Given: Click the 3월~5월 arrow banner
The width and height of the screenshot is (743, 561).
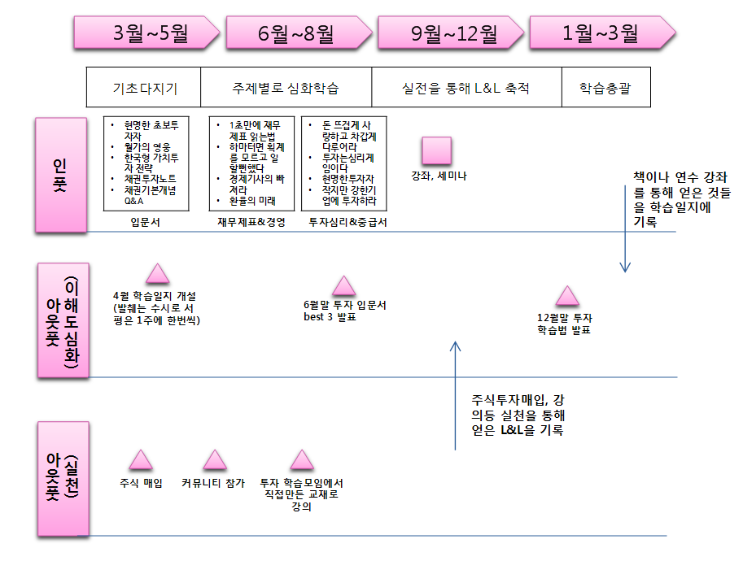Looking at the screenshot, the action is coord(147,33).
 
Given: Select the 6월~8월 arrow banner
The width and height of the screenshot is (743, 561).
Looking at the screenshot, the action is coord(299,33).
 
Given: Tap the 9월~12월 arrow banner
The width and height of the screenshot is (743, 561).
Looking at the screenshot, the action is coord(451,33).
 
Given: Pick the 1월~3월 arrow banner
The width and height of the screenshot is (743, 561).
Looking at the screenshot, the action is coord(602,33).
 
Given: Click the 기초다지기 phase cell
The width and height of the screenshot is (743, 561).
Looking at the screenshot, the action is coord(143,88).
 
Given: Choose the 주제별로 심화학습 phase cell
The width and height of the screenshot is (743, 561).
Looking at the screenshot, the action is coord(286,88).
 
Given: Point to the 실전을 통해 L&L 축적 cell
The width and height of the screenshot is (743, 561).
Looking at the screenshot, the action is coord(467,88).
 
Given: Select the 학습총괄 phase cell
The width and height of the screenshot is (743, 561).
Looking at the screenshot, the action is coord(606,88).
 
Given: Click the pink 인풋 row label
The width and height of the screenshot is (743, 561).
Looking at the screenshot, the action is coord(61,175).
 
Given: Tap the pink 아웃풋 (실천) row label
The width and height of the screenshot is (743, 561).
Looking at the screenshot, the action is coord(63,479).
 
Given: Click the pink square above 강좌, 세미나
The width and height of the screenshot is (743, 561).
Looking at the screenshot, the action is coord(436,151).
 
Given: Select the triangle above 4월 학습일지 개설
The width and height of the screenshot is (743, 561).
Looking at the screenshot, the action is coord(157,274).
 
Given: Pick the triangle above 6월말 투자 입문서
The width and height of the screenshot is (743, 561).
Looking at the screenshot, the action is coord(344,286).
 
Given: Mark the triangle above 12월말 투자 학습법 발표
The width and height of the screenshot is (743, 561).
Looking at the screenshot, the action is coord(567,296).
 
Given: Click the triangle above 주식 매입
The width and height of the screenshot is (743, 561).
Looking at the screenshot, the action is coord(141,459).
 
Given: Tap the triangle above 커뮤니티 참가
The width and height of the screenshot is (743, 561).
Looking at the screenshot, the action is coord(215,459).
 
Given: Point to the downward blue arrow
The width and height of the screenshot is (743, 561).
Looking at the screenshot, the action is coord(625,228).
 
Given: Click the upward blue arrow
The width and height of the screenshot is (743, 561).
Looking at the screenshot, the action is coord(456,395).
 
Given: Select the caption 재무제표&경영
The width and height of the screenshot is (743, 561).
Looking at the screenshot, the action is coord(251,222).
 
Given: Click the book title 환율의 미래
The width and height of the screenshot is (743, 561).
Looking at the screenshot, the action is coord(252,201).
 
